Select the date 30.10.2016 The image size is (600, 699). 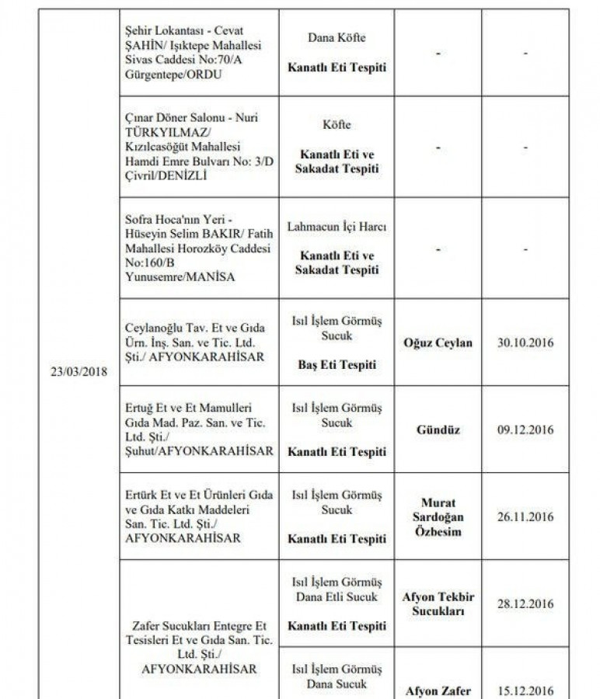click(x=525, y=343)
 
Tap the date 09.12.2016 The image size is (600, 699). click(x=525, y=429)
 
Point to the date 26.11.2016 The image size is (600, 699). click(x=525, y=516)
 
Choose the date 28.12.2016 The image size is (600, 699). click(x=525, y=603)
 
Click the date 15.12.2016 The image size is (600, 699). click(x=525, y=690)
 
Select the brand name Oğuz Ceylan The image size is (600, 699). click(x=438, y=343)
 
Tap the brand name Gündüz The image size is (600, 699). click(x=438, y=429)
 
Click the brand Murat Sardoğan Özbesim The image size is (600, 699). click(x=438, y=516)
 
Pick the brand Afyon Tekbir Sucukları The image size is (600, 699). click(x=438, y=603)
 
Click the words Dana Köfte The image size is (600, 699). click(x=337, y=37)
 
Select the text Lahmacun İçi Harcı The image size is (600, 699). click(x=337, y=227)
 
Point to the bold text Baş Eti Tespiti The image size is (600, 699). click(x=337, y=364)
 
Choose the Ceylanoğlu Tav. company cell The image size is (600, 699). click(x=195, y=343)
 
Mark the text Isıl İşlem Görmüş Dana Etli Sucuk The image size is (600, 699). click(x=337, y=589)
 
